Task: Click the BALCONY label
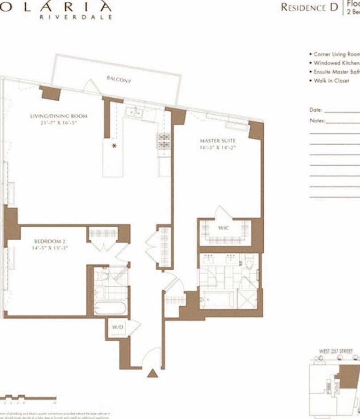pyautogui.click(x=119, y=79)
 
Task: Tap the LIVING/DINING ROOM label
pyautogui.click(x=59, y=116)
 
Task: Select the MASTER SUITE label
pyautogui.click(x=217, y=141)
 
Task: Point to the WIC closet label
pyautogui.click(x=223, y=228)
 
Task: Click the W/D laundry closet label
pyautogui.click(x=117, y=328)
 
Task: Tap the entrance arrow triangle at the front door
pyautogui.click(x=153, y=373)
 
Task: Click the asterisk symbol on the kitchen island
pyautogui.click(x=114, y=146)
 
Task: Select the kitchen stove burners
pyautogui.click(x=164, y=141)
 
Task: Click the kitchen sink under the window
pyautogui.click(x=134, y=113)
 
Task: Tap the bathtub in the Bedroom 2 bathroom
pyautogui.click(x=110, y=309)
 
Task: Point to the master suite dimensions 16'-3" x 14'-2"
pyautogui.click(x=217, y=147)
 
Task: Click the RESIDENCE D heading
pyautogui.click(x=309, y=8)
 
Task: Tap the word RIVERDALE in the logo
pyautogui.click(x=76, y=17)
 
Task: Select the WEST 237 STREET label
pyautogui.click(x=335, y=351)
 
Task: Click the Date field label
pyautogui.click(x=316, y=110)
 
